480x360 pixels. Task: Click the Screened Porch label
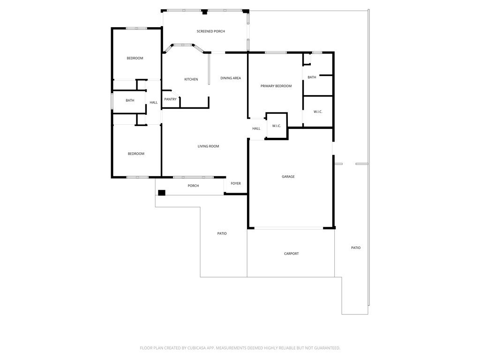210,31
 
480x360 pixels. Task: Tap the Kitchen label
191,79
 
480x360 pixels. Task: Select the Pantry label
170,99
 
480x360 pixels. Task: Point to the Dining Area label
231,78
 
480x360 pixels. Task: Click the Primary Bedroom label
276,86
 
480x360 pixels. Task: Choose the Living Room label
208,146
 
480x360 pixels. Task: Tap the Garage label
288,177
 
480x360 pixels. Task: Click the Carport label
291,254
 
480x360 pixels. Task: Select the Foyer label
236,183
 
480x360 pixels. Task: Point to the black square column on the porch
162,193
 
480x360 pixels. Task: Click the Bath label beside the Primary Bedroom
312,77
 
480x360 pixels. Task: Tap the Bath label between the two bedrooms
130,100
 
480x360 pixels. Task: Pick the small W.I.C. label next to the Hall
277,126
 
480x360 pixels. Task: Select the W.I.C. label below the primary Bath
318,112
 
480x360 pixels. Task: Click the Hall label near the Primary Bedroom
256,128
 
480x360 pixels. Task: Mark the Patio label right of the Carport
356,247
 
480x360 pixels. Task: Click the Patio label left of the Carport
222,233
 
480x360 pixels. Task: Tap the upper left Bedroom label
135,58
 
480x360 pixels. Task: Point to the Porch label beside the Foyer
193,186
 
